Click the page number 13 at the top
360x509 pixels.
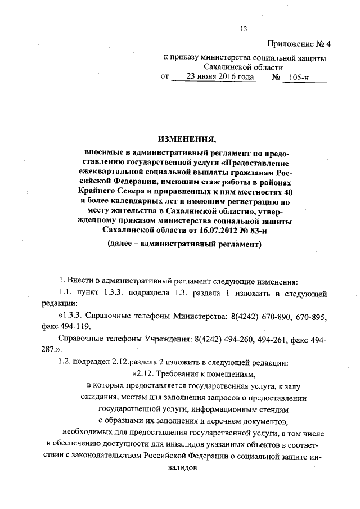click(x=244, y=29)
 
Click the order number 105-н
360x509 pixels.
click(x=296, y=77)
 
